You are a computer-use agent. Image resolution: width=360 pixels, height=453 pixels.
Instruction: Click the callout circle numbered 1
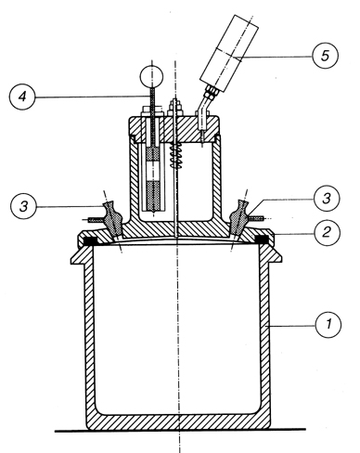(328, 325)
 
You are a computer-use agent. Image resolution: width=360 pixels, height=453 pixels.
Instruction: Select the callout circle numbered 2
(327, 232)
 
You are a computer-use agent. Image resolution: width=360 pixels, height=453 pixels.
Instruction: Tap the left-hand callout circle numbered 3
(23, 206)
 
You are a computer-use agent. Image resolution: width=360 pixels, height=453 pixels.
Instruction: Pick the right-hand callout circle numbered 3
(327, 199)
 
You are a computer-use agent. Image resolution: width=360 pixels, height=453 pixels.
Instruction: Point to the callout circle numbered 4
(22, 97)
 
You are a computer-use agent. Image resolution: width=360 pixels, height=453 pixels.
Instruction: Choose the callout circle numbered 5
(325, 56)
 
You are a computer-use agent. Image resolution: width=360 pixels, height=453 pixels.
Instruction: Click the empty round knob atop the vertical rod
(151, 77)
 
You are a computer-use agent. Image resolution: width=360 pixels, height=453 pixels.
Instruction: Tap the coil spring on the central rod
(175, 156)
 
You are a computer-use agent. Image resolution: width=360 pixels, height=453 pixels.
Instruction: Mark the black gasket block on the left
(91, 239)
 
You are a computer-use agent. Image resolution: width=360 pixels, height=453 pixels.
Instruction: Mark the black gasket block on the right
(262, 239)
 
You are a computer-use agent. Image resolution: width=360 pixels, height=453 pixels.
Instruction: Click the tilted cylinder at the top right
(229, 53)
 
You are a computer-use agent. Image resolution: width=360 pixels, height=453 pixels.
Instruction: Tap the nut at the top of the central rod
(175, 107)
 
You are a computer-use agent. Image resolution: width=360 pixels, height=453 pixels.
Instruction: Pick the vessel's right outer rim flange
(275, 254)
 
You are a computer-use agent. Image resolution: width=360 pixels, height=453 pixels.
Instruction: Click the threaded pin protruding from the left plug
(96, 220)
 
